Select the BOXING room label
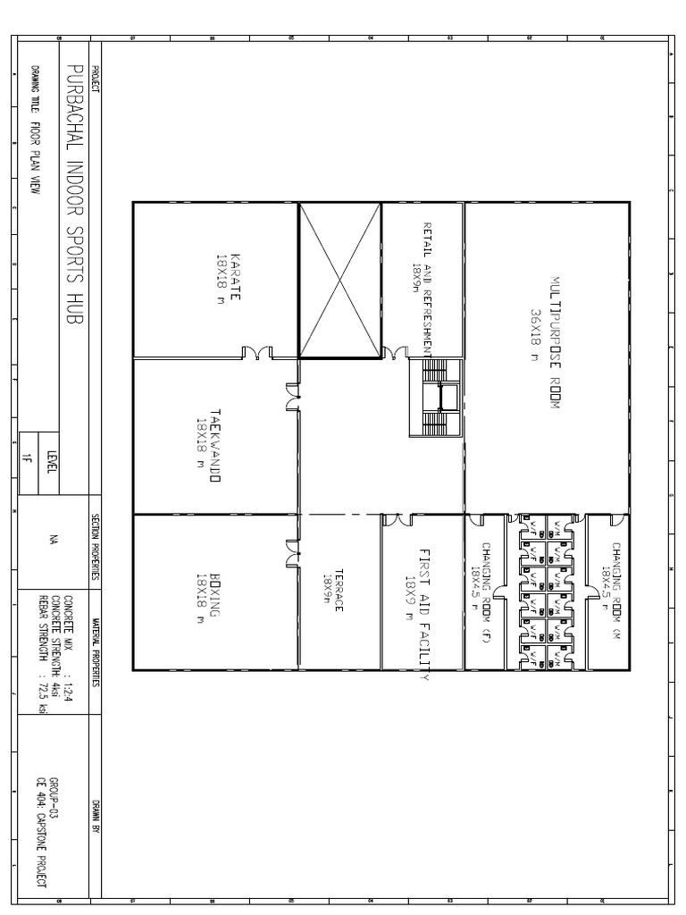click(x=208, y=592)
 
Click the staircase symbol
click(x=437, y=398)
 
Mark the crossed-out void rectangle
click(x=339, y=281)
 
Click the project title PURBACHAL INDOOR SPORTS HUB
click(x=73, y=196)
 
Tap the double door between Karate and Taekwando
click(x=257, y=353)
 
